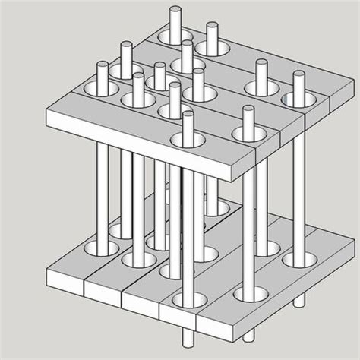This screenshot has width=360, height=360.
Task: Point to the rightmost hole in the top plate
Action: tap(297, 99)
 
